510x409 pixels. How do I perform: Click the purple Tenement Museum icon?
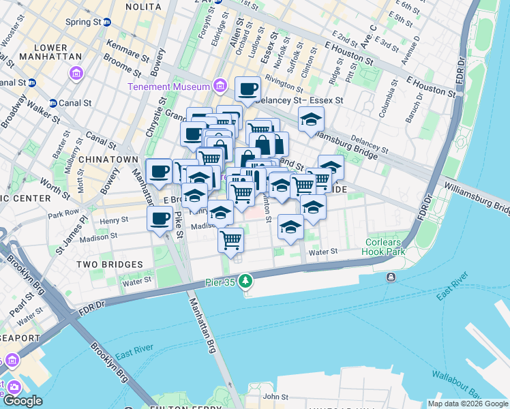pos(220,86)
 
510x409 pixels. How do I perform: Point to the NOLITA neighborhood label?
pos(142,6)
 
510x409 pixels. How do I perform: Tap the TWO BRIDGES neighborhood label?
pos(110,264)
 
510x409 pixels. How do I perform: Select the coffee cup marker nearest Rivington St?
pos(247,88)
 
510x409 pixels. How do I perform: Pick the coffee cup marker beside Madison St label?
pos(160,219)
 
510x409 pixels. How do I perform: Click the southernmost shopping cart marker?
pos(231,239)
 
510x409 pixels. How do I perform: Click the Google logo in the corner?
pos(22,401)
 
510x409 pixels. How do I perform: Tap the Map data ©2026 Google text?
pos(468,404)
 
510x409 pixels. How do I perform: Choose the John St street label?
pos(277,396)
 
